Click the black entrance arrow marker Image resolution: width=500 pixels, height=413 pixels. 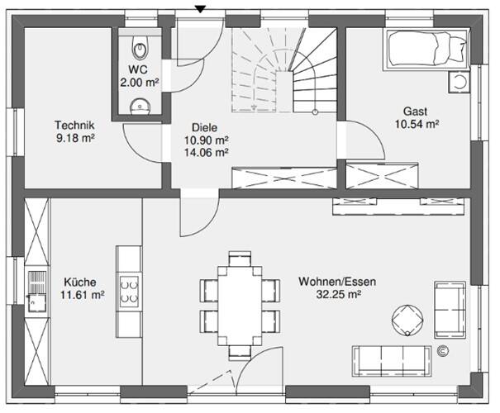pyautogui.click(x=200, y=10)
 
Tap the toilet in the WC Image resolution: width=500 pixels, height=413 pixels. pyautogui.click(x=140, y=47)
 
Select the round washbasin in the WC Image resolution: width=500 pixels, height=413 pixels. pyautogui.click(x=140, y=106)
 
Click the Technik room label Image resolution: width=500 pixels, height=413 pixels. pyautogui.click(x=74, y=125)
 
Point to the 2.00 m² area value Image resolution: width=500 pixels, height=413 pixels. pyautogui.click(x=140, y=83)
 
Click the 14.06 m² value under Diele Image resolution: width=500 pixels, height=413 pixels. pyautogui.click(x=207, y=153)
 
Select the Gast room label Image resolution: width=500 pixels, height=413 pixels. pyautogui.click(x=415, y=112)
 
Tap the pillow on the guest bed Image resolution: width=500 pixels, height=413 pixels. pyautogui.click(x=458, y=49)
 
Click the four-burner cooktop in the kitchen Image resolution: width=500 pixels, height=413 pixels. pyautogui.click(x=129, y=290)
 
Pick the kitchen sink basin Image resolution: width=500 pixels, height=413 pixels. pyautogui.click(x=37, y=303)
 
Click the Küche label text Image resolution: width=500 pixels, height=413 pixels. pyautogui.click(x=79, y=282)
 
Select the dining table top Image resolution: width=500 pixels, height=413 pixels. pyautogui.click(x=240, y=306)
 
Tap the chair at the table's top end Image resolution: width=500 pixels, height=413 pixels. pyautogui.click(x=240, y=259)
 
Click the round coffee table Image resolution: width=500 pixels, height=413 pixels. pyautogui.click(x=407, y=320)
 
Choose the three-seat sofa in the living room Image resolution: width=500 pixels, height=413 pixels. pyautogui.click(x=393, y=361)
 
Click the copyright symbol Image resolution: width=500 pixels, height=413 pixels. pyautogui.click(x=443, y=351)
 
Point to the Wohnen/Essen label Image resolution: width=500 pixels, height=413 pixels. pyautogui.click(x=337, y=282)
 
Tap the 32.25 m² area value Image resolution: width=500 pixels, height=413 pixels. pyautogui.click(x=338, y=294)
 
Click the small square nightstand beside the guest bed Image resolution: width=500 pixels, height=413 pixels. pyautogui.click(x=459, y=82)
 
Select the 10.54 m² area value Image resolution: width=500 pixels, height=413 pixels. pyautogui.click(x=417, y=124)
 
